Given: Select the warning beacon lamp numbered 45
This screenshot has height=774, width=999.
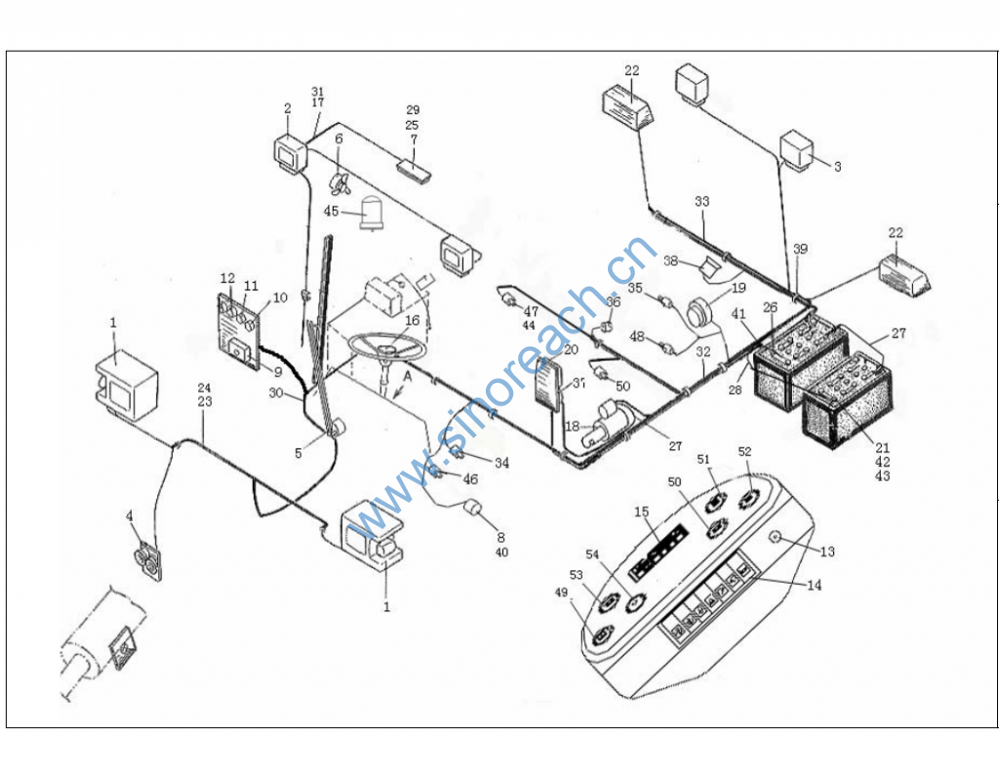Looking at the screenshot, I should (372, 213).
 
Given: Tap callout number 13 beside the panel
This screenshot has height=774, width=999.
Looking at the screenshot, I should (827, 552).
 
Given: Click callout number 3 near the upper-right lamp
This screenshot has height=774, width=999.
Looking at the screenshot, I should (836, 167).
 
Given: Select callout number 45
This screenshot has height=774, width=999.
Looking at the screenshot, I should (332, 211).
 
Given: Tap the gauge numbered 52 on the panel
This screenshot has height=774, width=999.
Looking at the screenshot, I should (750, 498).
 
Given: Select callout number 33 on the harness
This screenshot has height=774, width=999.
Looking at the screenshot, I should (701, 202).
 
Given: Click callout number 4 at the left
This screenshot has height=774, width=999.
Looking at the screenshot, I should (131, 514).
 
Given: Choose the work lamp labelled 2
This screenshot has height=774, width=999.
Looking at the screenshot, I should (290, 154).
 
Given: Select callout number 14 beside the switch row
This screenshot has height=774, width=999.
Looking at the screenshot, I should (814, 586).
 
